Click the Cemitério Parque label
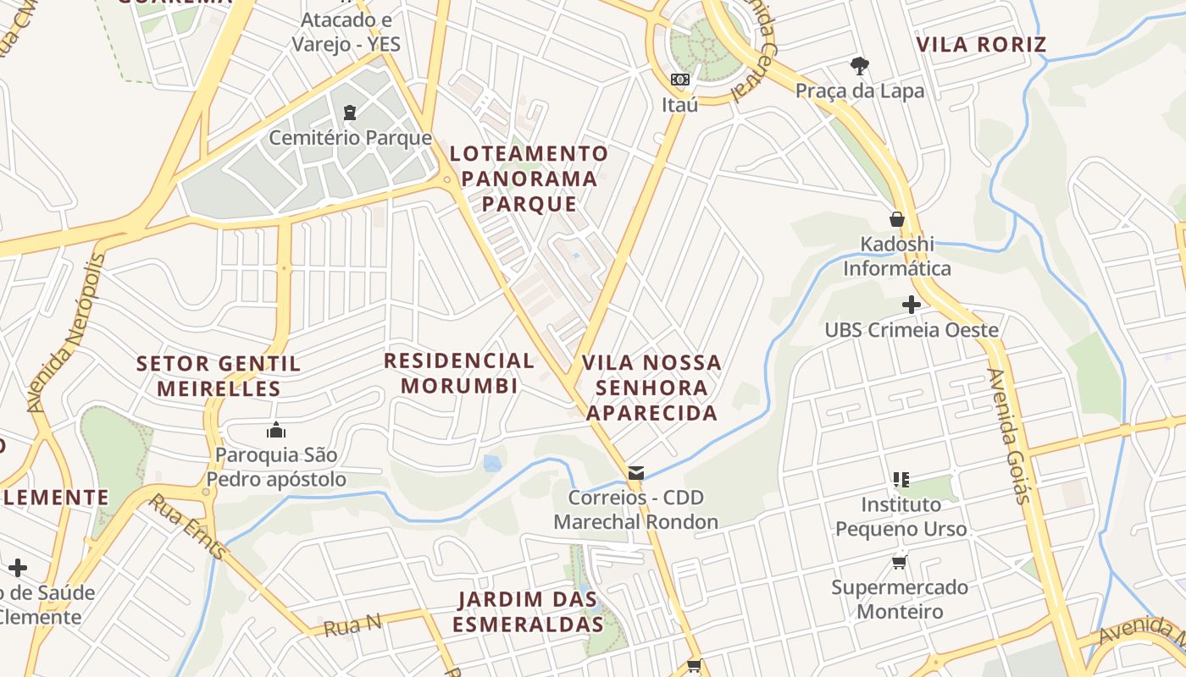click(x=350, y=138)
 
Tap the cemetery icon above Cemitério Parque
click(x=349, y=113)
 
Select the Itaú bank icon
click(x=679, y=80)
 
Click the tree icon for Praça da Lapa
click(x=859, y=66)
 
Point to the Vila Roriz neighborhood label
click(x=982, y=45)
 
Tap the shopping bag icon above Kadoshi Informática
click(x=897, y=219)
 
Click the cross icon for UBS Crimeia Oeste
click(x=912, y=305)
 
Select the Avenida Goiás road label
click(x=1008, y=436)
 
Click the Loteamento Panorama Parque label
click(x=529, y=179)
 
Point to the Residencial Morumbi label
click(x=459, y=373)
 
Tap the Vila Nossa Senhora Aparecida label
click(x=651, y=388)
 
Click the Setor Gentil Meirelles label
click(x=219, y=377)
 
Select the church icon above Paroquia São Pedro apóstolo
click(x=276, y=431)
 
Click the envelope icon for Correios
click(x=635, y=473)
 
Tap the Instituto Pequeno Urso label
click(x=901, y=516)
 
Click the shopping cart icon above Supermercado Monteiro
click(x=899, y=563)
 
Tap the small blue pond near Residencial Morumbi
click(x=492, y=463)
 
